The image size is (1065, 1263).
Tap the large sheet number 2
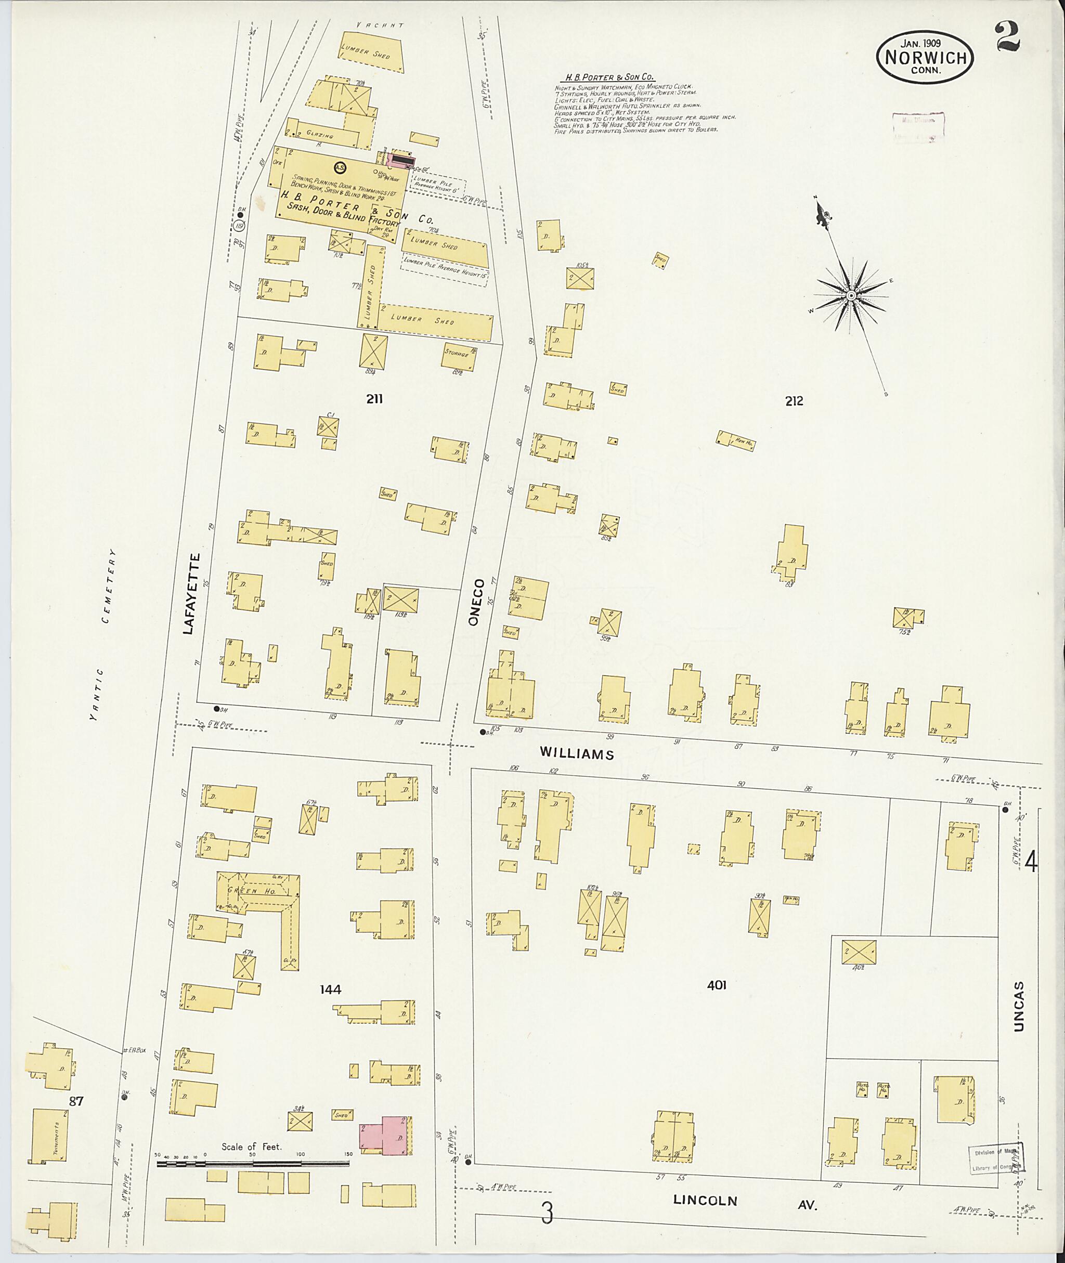coord(1008,37)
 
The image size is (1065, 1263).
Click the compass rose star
coord(851,295)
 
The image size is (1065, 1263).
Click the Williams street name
coord(577,753)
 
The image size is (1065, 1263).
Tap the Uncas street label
coord(1020,1006)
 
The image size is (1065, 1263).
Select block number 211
coord(374,398)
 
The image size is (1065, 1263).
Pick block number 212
coord(794,401)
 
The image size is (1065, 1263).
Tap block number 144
coord(331,989)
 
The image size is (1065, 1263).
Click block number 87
coord(76,1101)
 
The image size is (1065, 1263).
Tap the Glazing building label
coord(320,136)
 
